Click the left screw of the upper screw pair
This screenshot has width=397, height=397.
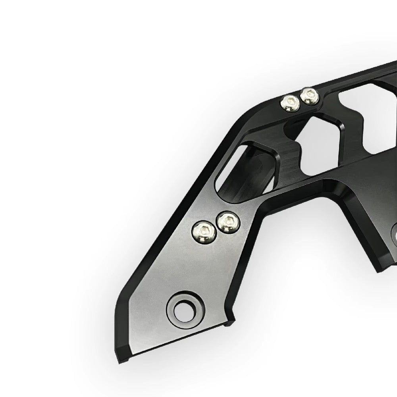click(x=289, y=103)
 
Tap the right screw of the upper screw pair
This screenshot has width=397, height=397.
click(x=309, y=96)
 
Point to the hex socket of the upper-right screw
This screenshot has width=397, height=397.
click(x=310, y=95)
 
